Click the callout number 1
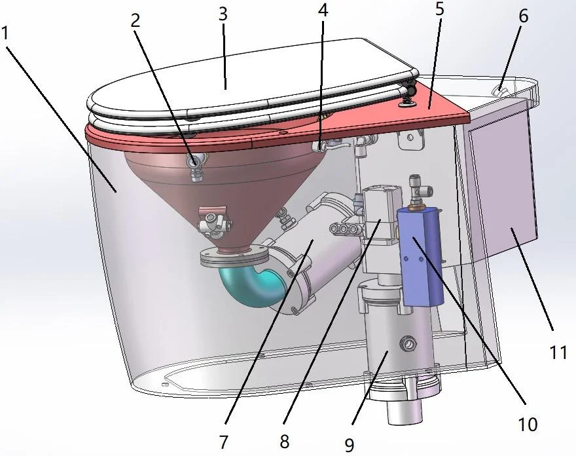[x=5, y=33]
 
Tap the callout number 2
[x=135, y=21]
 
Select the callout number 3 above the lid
[x=223, y=14]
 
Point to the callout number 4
[x=323, y=10]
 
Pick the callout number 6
[x=524, y=16]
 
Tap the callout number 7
[x=224, y=442]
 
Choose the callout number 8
[x=285, y=442]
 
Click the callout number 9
[x=350, y=446]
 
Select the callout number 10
[x=528, y=425]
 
